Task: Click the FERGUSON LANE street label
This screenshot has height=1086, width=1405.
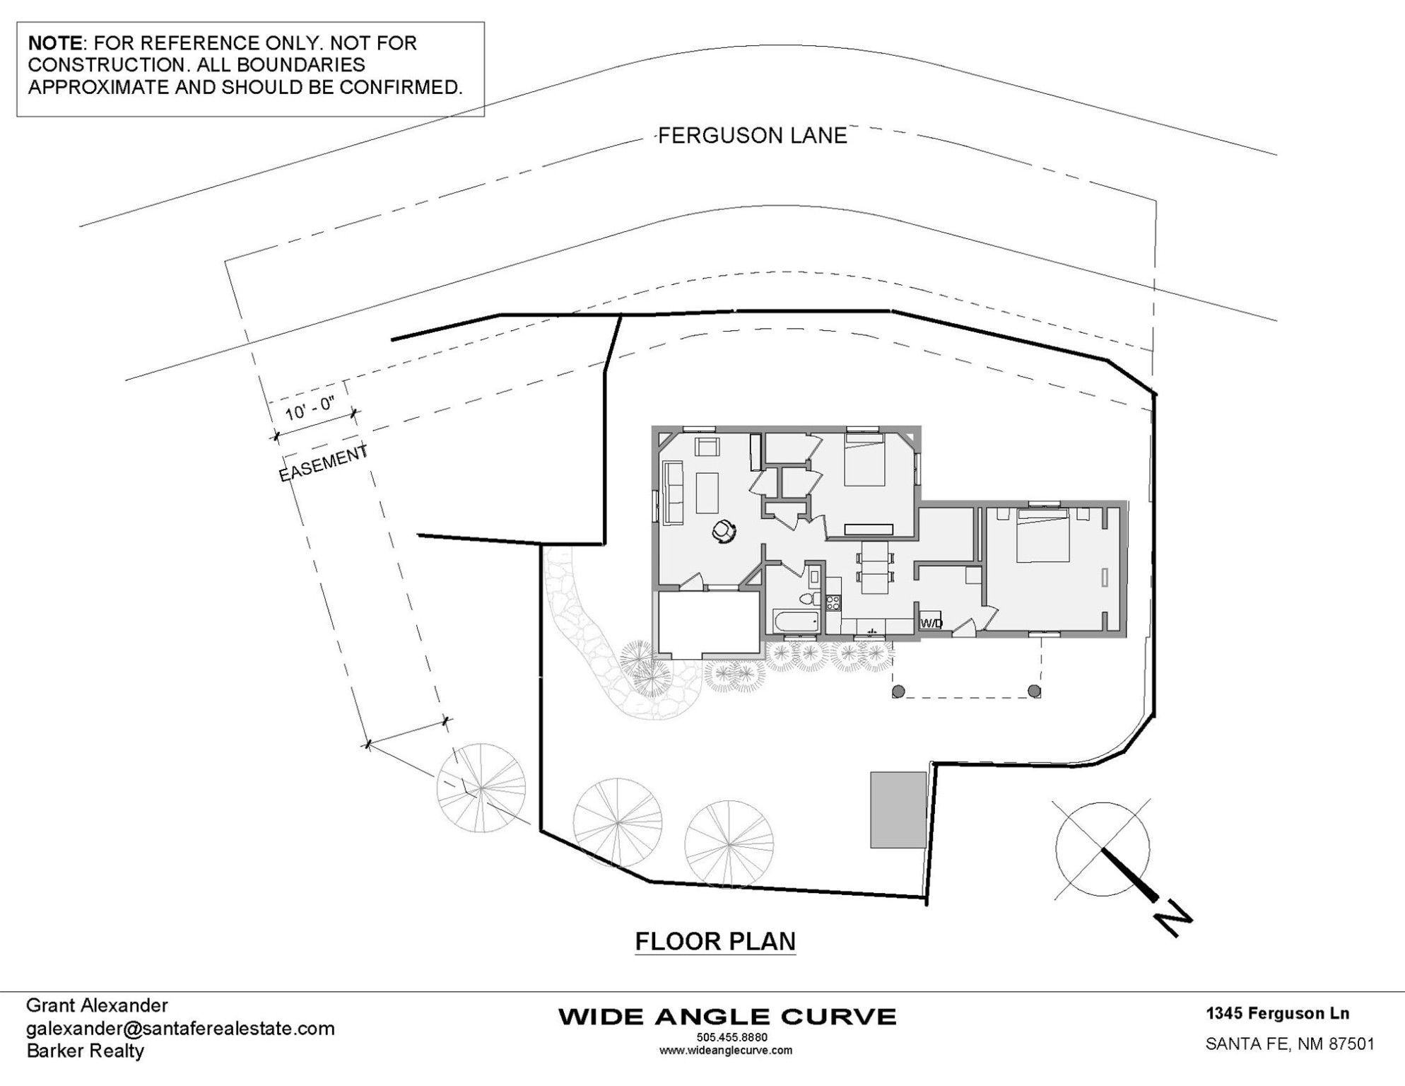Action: click(753, 135)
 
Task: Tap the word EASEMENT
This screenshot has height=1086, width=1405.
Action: click(324, 463)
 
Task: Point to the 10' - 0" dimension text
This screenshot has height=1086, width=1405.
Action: click(309, 409)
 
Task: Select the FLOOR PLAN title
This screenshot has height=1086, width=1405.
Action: click(715, 941)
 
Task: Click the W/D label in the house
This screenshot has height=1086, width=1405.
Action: click(931, 624)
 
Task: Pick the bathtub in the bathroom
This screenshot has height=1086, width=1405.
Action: click(796, 622)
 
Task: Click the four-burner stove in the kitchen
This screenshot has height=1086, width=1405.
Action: click(833, 602)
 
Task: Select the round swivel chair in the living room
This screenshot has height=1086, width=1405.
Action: click(724, 530)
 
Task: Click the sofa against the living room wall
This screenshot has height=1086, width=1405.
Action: click(673, 493)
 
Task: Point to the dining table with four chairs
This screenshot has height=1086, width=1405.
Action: click(875, 567)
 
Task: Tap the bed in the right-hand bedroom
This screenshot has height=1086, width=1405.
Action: click(1042, 535)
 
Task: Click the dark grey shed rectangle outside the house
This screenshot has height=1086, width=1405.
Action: click(898, 810)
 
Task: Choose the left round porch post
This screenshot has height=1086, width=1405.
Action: click(898, 691)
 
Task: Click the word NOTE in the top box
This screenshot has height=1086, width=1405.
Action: click(54, 43)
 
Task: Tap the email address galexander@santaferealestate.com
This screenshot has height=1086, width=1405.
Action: click(180, 1028)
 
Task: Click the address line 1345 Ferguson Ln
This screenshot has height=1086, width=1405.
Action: click(1278, 1013)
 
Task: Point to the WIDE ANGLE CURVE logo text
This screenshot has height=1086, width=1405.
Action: click(727, 1017)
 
